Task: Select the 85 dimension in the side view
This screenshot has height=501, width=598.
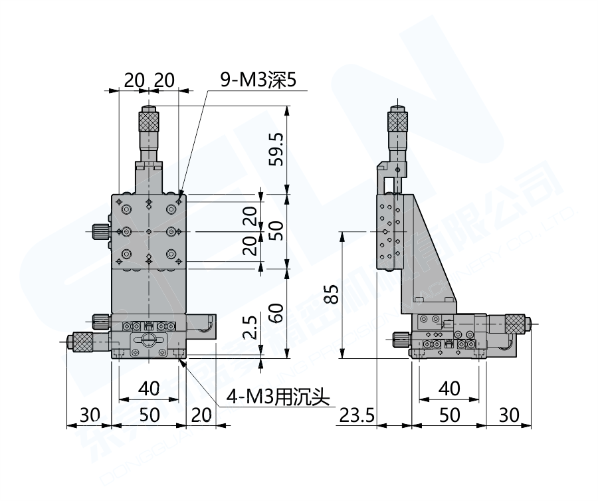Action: click(334, 294)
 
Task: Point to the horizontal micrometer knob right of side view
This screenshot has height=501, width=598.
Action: click(516, 324)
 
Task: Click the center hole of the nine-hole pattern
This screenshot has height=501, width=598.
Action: click(149, 231)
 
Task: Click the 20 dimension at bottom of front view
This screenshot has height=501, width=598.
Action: click(200, 415)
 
